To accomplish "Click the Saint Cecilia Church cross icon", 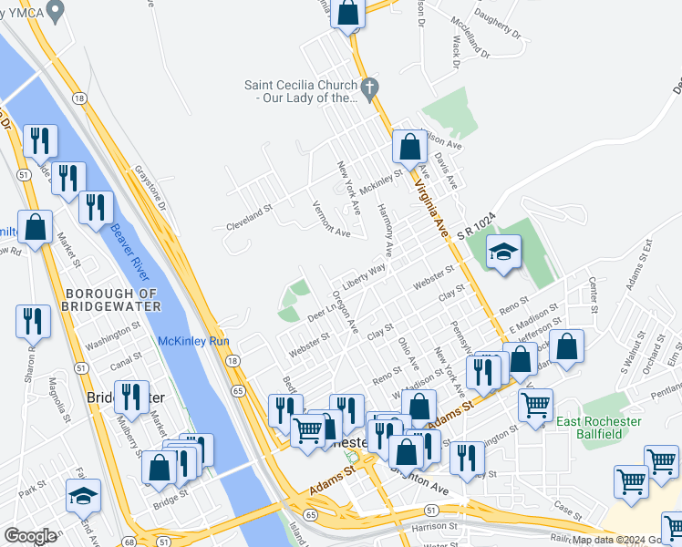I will pyautogui.click(x=369, y=89).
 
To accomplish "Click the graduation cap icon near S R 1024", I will pyautogui.click(x=502, y=253).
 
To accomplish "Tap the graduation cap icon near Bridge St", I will pyautogui.click(x=83, y=495).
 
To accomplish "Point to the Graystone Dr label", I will pyautogui.click(x=150, y=187).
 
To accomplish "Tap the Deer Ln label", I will pyautogui.click(x=323, y=310).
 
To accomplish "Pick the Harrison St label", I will pyautogui.click(x=426, y=527).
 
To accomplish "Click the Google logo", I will pyautogui.click(x=30, y=536).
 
